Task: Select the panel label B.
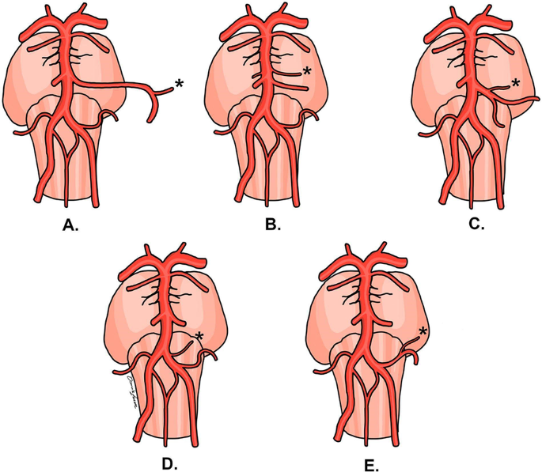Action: (x=273, y=225)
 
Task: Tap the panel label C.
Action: (x=476, y=225)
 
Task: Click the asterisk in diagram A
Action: (x=179, y=82)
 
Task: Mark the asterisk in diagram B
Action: (x=309, y=72)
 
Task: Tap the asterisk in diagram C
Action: (x=516, y=81)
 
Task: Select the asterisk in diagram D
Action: (x=199, y=337)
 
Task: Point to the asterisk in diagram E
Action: (x=423, y=331)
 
